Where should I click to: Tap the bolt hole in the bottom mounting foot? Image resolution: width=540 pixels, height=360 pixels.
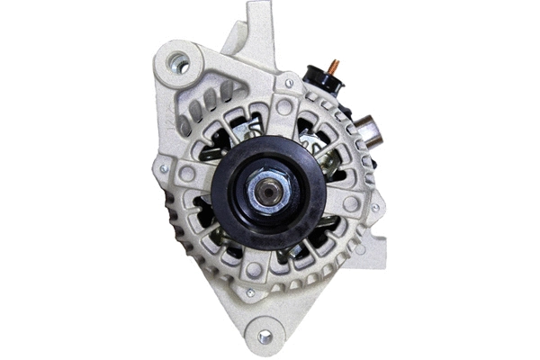pos(264,336)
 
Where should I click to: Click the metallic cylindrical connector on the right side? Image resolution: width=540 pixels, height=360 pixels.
pos(368,133)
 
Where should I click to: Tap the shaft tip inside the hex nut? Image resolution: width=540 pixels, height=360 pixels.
pos(267,191)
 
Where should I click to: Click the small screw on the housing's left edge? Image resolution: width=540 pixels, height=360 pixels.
pos(164,168)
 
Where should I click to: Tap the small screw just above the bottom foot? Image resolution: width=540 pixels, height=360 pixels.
pos(250,292)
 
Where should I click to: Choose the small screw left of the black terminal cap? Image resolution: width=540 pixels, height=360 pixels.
pos(289,84)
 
